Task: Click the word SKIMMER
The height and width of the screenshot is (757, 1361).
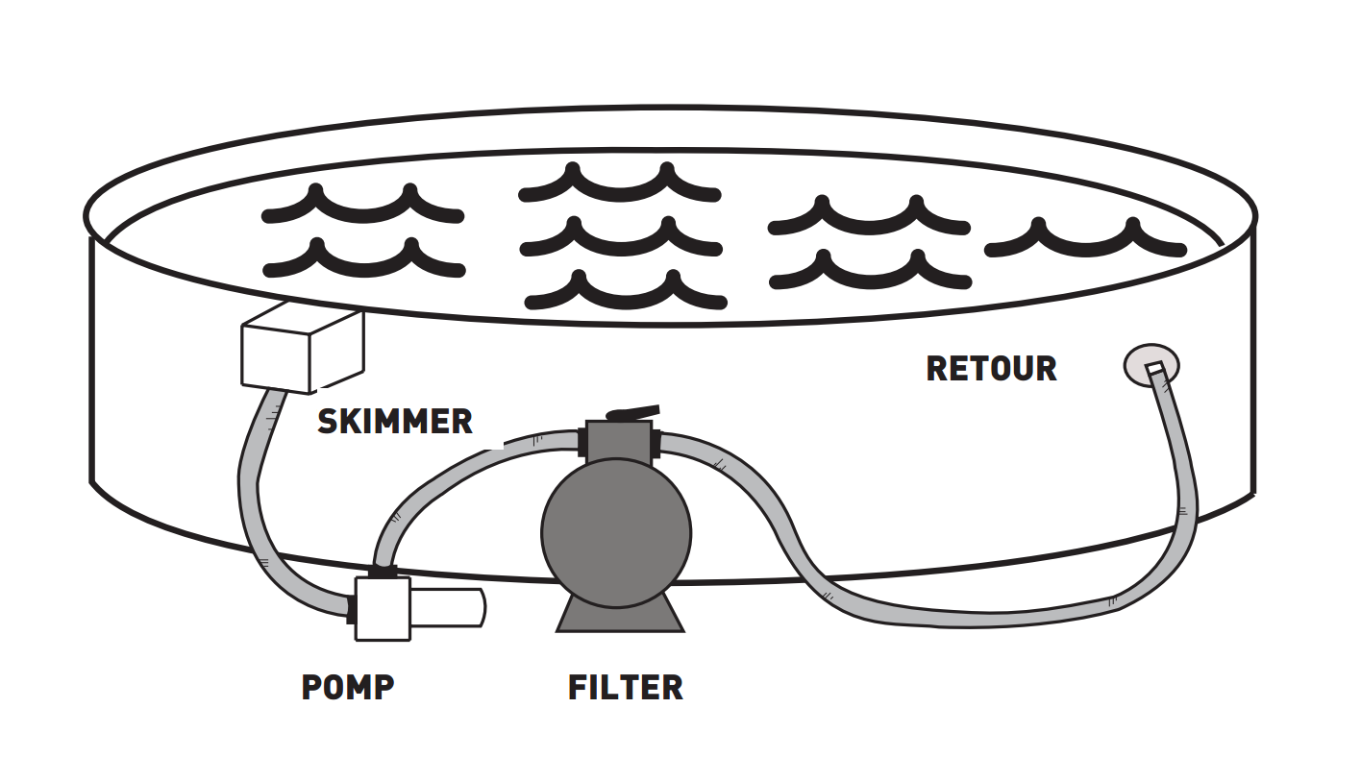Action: (395, 422)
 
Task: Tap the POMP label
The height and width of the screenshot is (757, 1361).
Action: (348, 687)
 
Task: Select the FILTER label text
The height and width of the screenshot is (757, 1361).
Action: (625, 687)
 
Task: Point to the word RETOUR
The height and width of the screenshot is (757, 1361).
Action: (991, 369)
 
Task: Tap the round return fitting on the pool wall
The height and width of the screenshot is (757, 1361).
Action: (1151, 366)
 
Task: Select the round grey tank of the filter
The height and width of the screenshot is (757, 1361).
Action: (616, 533)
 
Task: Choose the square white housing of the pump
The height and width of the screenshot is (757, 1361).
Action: (383, 608)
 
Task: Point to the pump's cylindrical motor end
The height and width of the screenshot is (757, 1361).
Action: (447, 607)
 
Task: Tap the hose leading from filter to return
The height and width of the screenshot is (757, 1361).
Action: (961, 615)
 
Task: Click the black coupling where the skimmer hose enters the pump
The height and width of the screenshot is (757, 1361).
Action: (352, 608)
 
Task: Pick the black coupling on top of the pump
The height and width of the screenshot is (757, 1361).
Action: (383, 572)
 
